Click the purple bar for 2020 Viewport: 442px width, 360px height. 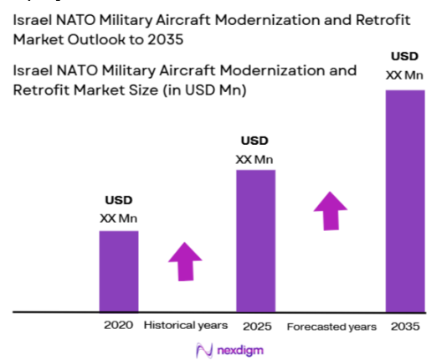point(119,270)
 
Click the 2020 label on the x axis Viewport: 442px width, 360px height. point(118,325)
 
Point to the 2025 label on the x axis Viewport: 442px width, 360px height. point(255,325)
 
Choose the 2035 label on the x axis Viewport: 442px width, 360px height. point(405,325)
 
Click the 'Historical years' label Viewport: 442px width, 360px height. point(186,325)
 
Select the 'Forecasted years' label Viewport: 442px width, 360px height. point(331,325)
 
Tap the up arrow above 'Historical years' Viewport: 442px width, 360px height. point(185,263)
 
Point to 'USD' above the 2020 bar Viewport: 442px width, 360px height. point(119,201)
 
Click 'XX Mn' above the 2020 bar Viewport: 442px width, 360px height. point(119,219)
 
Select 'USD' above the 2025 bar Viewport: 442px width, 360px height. point(255,141)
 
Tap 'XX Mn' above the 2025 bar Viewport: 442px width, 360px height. point(255,159)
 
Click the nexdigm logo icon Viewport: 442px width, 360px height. point(203,348)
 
